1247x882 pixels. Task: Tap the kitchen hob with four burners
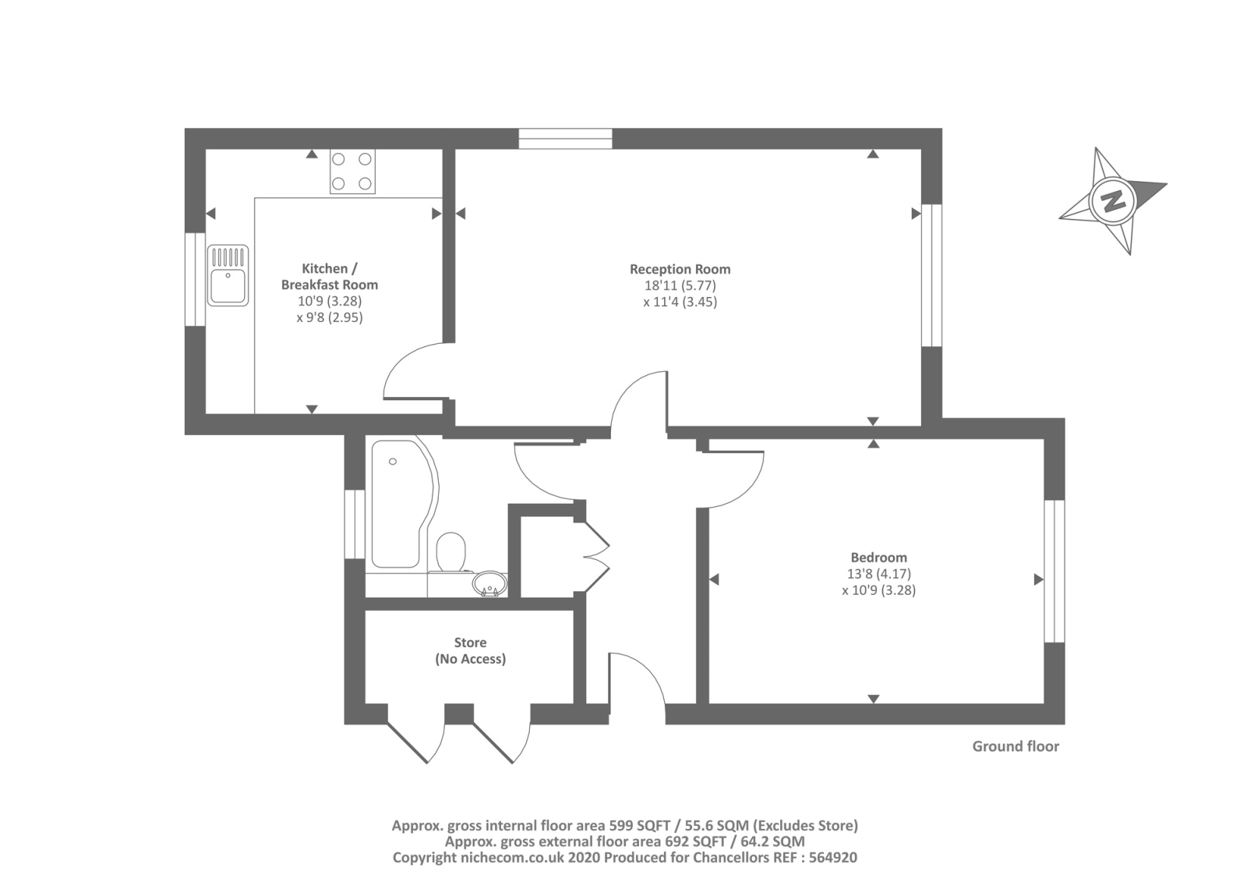[x=352, y=171]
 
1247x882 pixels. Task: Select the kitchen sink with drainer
[x=228, y=275]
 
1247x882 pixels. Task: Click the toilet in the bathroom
[x=451, y=552]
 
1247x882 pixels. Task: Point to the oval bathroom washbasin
[x=490, y=584]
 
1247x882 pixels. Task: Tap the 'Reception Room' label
[x=680, y=269]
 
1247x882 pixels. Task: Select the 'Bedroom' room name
[x=878, y=557]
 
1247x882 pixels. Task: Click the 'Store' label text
[x=471, y=643]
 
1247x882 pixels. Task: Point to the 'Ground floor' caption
[x=1016, y=746]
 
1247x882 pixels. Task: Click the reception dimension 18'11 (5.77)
[x=680, y=285]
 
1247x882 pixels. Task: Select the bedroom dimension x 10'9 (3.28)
[x=878, y=590]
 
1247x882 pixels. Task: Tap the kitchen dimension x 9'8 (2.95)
[x=330, y=317]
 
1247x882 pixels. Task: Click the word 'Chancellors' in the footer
[x=726, y=858]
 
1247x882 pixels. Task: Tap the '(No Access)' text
[x=471, y=659]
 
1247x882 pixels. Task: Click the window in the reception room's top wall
[x=565, y=139]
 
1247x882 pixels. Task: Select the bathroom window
[x=355, y=524]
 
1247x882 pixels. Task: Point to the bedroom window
[x=1054, y=571]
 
